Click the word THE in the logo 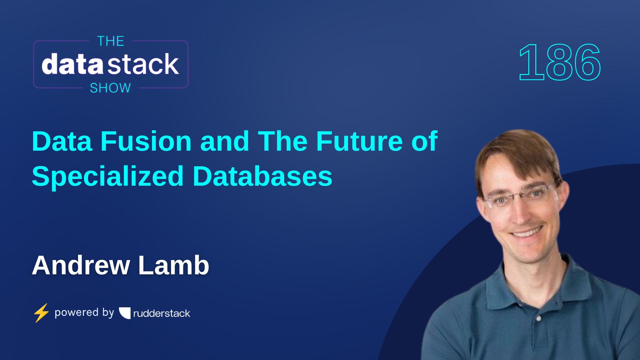[111, 41]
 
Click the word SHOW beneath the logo [110, 88]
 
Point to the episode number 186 [560, 63]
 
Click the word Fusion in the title [146, 141]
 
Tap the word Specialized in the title [108, 176]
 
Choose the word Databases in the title [262, 176]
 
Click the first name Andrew [81, 265]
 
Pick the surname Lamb [173, 265]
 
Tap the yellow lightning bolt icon [41, 313]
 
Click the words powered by [84, 313]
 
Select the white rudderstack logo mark [125, 313]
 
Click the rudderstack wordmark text [162, 313]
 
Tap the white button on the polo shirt [539, 319]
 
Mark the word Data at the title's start [62, 141]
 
